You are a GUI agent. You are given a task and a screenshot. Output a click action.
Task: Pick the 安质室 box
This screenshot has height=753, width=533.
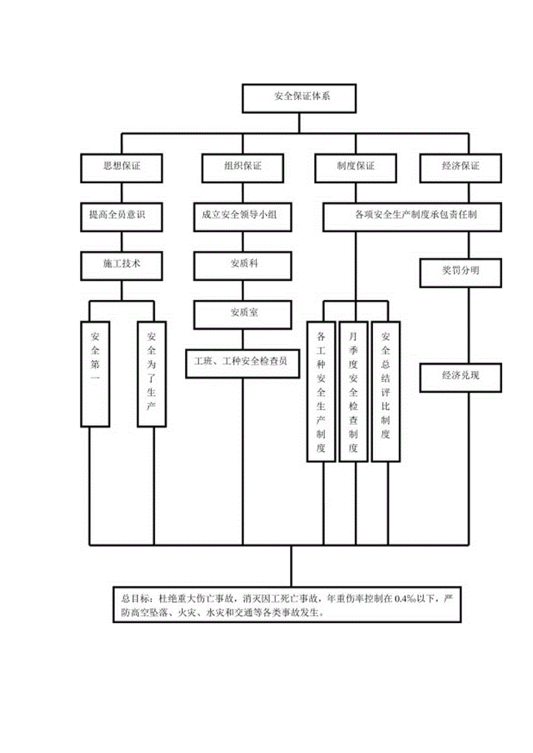click(x=243, y=313)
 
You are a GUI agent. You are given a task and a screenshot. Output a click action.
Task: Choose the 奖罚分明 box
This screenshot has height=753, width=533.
click(x=461, y=271)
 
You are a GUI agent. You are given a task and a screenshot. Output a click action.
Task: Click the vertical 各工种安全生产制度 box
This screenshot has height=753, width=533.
click(x=322, y=391)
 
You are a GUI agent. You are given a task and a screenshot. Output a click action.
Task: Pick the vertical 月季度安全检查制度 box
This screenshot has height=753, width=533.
click(x=353, y=391)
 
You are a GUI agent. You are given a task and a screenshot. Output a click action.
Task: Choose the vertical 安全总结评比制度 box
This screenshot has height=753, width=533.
click(x=386, y=391)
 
